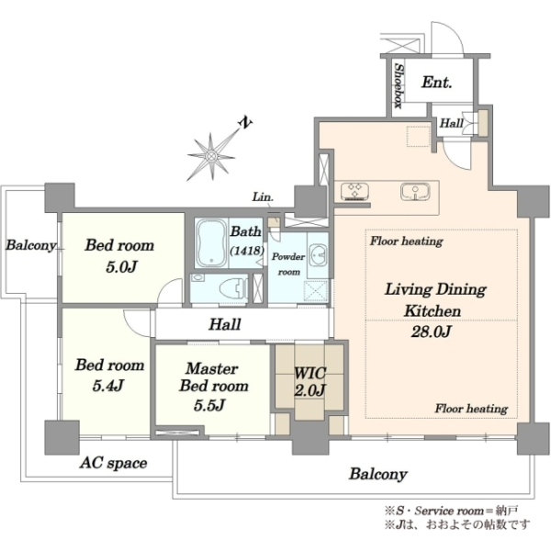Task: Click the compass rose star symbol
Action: click(211, 156)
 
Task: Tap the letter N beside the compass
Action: click(245, 123)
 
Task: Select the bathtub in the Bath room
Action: click(211, 243)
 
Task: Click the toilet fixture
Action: click(233, 287)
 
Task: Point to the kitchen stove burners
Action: click(354, 191)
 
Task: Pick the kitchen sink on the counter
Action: click(415, 192)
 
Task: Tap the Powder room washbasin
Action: click(319, 253)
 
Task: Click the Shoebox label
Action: click(399, 85)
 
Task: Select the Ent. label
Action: click(436, 83)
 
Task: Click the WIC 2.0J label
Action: click(309, 382)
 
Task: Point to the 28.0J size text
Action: click(431, 332)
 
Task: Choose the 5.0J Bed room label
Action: click(119, 256)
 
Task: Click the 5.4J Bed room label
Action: click(109, 376)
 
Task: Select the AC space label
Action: click(113, 463)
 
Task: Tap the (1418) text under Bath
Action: click(247, 250)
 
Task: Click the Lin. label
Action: click(263, 197)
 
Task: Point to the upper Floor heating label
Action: click(406, 242)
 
